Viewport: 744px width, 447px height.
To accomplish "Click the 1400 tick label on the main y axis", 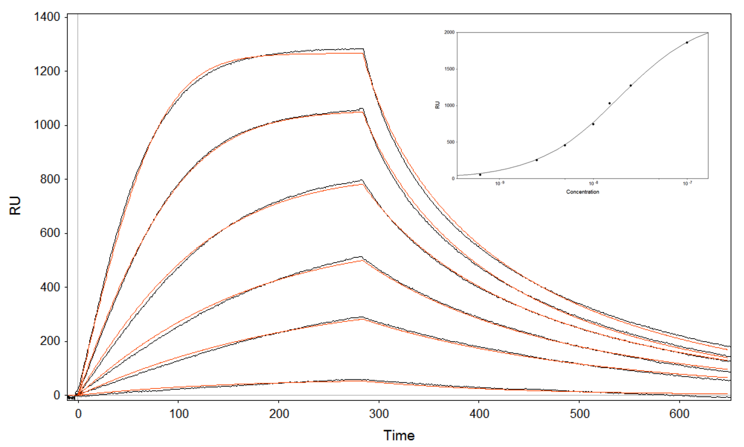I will [x=47, y=17].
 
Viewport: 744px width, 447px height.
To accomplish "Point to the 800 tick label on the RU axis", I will [x=50, y=179].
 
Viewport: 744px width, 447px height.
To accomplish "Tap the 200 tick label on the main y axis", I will [x=50, y=341].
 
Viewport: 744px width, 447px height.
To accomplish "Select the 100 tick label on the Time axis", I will [x=179, y=414].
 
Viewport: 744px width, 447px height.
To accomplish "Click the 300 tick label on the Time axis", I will [x=379, y=414].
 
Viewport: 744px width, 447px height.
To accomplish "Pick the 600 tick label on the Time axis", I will [x=679, y=414].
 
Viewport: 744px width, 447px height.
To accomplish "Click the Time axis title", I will [x=399, y=436].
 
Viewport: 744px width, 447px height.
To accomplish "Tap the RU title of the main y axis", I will [x=15, y=205].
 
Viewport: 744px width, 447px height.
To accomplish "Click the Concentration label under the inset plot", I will [x=582, y=192].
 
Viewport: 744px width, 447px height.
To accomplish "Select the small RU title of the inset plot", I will [x=437, y=105].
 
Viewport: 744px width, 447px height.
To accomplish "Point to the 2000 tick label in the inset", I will [x=449, y=32].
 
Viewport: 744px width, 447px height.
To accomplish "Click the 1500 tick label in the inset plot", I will [x=449, y=69].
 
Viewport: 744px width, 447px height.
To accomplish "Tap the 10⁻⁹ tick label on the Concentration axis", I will [x=500, y=184].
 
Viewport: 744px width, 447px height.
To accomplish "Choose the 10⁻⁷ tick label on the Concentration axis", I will [x=687, y=184].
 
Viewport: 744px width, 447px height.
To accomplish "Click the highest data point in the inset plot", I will [x=687, y=43].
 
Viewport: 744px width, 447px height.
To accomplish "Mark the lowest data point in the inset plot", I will [x=480, y=175].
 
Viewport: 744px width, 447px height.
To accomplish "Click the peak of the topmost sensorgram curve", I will [x=363, y=49].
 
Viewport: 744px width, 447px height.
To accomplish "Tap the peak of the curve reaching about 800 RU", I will [x=362, y=180].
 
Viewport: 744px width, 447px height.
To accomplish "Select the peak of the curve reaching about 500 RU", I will [x=361, y=257].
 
